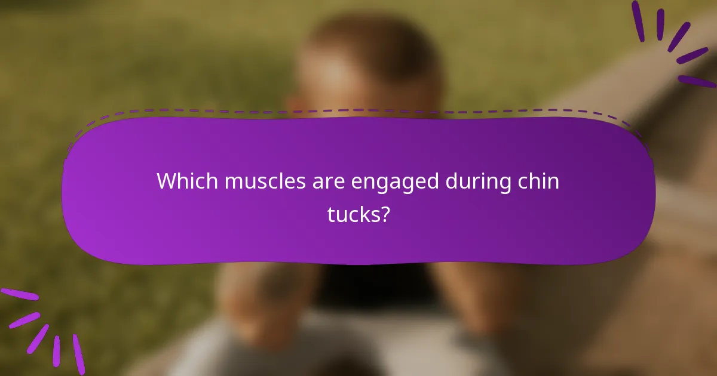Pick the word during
(479, 181)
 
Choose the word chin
(540, 181)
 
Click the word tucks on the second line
(353, 214)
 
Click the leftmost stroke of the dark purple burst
(638, 21)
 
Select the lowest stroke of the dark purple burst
(695, 81)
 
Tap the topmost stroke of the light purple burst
(19, 294)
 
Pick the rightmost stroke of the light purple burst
(78, 354)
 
